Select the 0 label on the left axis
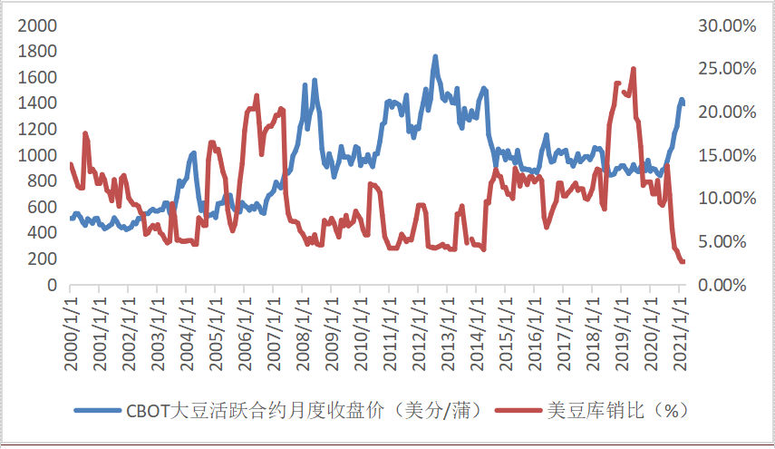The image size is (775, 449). coord(52,285)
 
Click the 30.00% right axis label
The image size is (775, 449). coord(726,25)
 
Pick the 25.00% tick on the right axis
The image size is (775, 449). coord(726,69)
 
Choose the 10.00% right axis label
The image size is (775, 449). coord(726,199)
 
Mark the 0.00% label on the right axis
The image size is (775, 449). coord(729,285)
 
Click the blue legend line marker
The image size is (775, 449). coord(97,409)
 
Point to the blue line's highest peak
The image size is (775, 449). coord(435,56)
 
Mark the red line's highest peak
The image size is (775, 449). coord(633,69)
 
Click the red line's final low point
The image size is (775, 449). coord(683,262)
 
